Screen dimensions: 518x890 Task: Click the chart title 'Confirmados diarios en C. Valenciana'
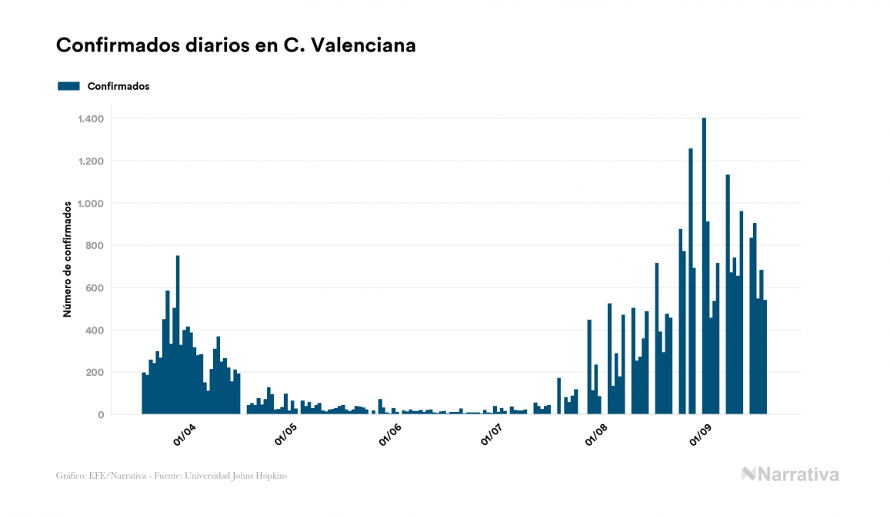click(x=236, y=45)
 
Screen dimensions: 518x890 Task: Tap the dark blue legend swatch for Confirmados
click(x=68, y=86)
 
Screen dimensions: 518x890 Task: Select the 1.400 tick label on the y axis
click(x=91, y=119)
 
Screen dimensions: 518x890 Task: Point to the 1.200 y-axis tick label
click(x=91, y=161)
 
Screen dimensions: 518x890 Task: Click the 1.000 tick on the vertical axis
click(x=91, y=204)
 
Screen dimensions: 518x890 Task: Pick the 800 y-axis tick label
click(x=95, y=246)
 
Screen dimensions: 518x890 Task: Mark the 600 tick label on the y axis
click(x=95, y=288)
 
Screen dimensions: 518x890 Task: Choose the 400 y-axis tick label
click(x=95, y=330)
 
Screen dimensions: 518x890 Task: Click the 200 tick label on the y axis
click(x=95, y=373)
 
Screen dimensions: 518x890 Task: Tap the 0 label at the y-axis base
click(x=101, y=415)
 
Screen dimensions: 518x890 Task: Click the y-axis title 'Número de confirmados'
click(x=68, y=259)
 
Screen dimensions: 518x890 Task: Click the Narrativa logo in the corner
click(x=790, y=474)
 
